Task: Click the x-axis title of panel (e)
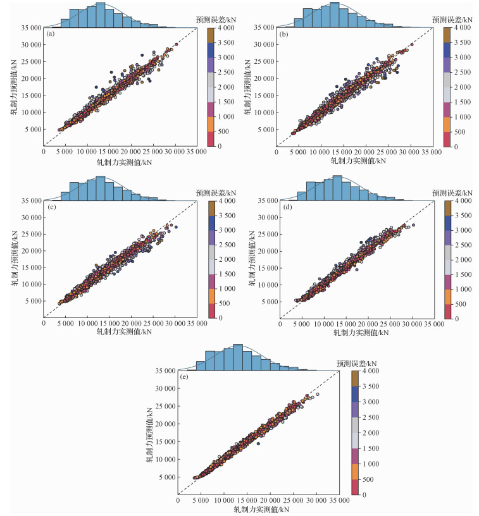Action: pos(262,509)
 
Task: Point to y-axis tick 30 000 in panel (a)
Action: pos(32,45)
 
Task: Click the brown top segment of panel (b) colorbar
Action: pos(447,35)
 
